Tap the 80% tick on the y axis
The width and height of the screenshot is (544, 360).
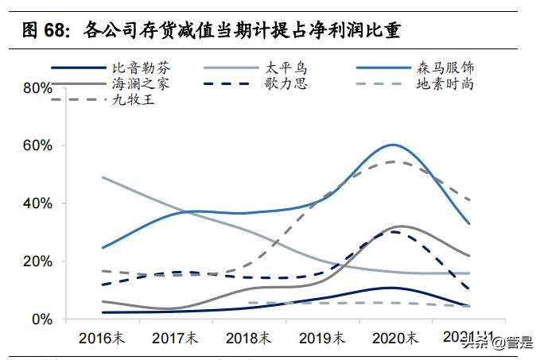click(37, 87)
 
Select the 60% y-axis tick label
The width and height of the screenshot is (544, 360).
click(37, 145)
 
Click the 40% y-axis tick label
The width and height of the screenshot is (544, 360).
click(37, 203)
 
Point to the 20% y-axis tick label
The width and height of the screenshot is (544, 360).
click(37, 261)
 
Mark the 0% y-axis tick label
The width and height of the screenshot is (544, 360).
click(41, 319)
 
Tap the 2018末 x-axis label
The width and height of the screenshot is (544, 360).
click(248, 338)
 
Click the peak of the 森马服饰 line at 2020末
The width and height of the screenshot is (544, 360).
click(392, 145)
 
